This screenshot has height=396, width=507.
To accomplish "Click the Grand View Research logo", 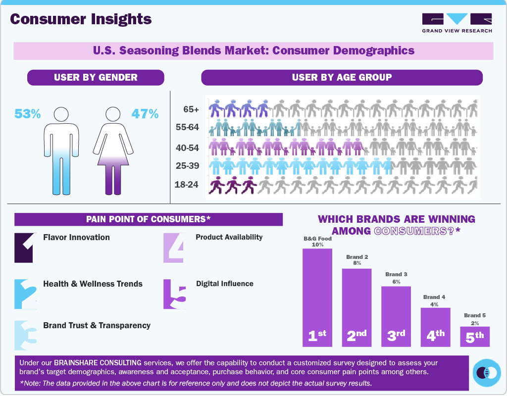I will tap(457, 23).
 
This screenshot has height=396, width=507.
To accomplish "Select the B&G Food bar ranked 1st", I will tap(317, 297).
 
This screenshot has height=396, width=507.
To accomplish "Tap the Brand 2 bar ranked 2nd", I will tap(356, 307).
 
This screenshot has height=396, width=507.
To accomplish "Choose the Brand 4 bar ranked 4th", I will tap(436, 327).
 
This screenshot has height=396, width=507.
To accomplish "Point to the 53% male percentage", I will tap(28, 114).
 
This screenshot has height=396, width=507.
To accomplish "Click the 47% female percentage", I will tap(145, 114).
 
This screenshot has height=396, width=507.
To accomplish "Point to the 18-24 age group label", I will tap(187, 185).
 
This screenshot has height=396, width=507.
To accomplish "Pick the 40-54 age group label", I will tap(187, 148).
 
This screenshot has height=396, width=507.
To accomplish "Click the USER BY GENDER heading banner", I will tap(96, 77).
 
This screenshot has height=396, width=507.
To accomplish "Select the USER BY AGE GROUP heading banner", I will tap(342, 77).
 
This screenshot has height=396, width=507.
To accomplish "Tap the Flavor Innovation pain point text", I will tap(77, 237).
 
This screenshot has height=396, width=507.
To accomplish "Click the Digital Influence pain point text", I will tap(225, 284).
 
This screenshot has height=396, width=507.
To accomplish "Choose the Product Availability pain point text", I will tap(229, 237).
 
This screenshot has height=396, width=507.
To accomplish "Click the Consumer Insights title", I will tap(81, 19).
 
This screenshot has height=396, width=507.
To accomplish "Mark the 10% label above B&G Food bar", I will tap(317, 245).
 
